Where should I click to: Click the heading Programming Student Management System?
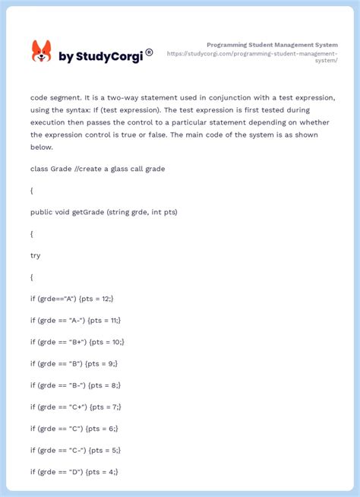272,45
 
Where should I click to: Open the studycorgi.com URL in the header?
252,57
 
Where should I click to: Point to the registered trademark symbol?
149,52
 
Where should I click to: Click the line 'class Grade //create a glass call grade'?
97,169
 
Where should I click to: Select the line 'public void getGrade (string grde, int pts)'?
104,212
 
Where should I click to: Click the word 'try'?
36,255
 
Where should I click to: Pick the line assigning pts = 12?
73,299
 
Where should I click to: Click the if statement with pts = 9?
74,364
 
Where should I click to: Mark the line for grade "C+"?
76,407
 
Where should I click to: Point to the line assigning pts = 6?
74,429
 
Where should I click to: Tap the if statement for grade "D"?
74,472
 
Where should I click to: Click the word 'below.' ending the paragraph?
42,147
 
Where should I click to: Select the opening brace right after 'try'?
32,277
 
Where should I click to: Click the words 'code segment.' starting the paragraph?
57,98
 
